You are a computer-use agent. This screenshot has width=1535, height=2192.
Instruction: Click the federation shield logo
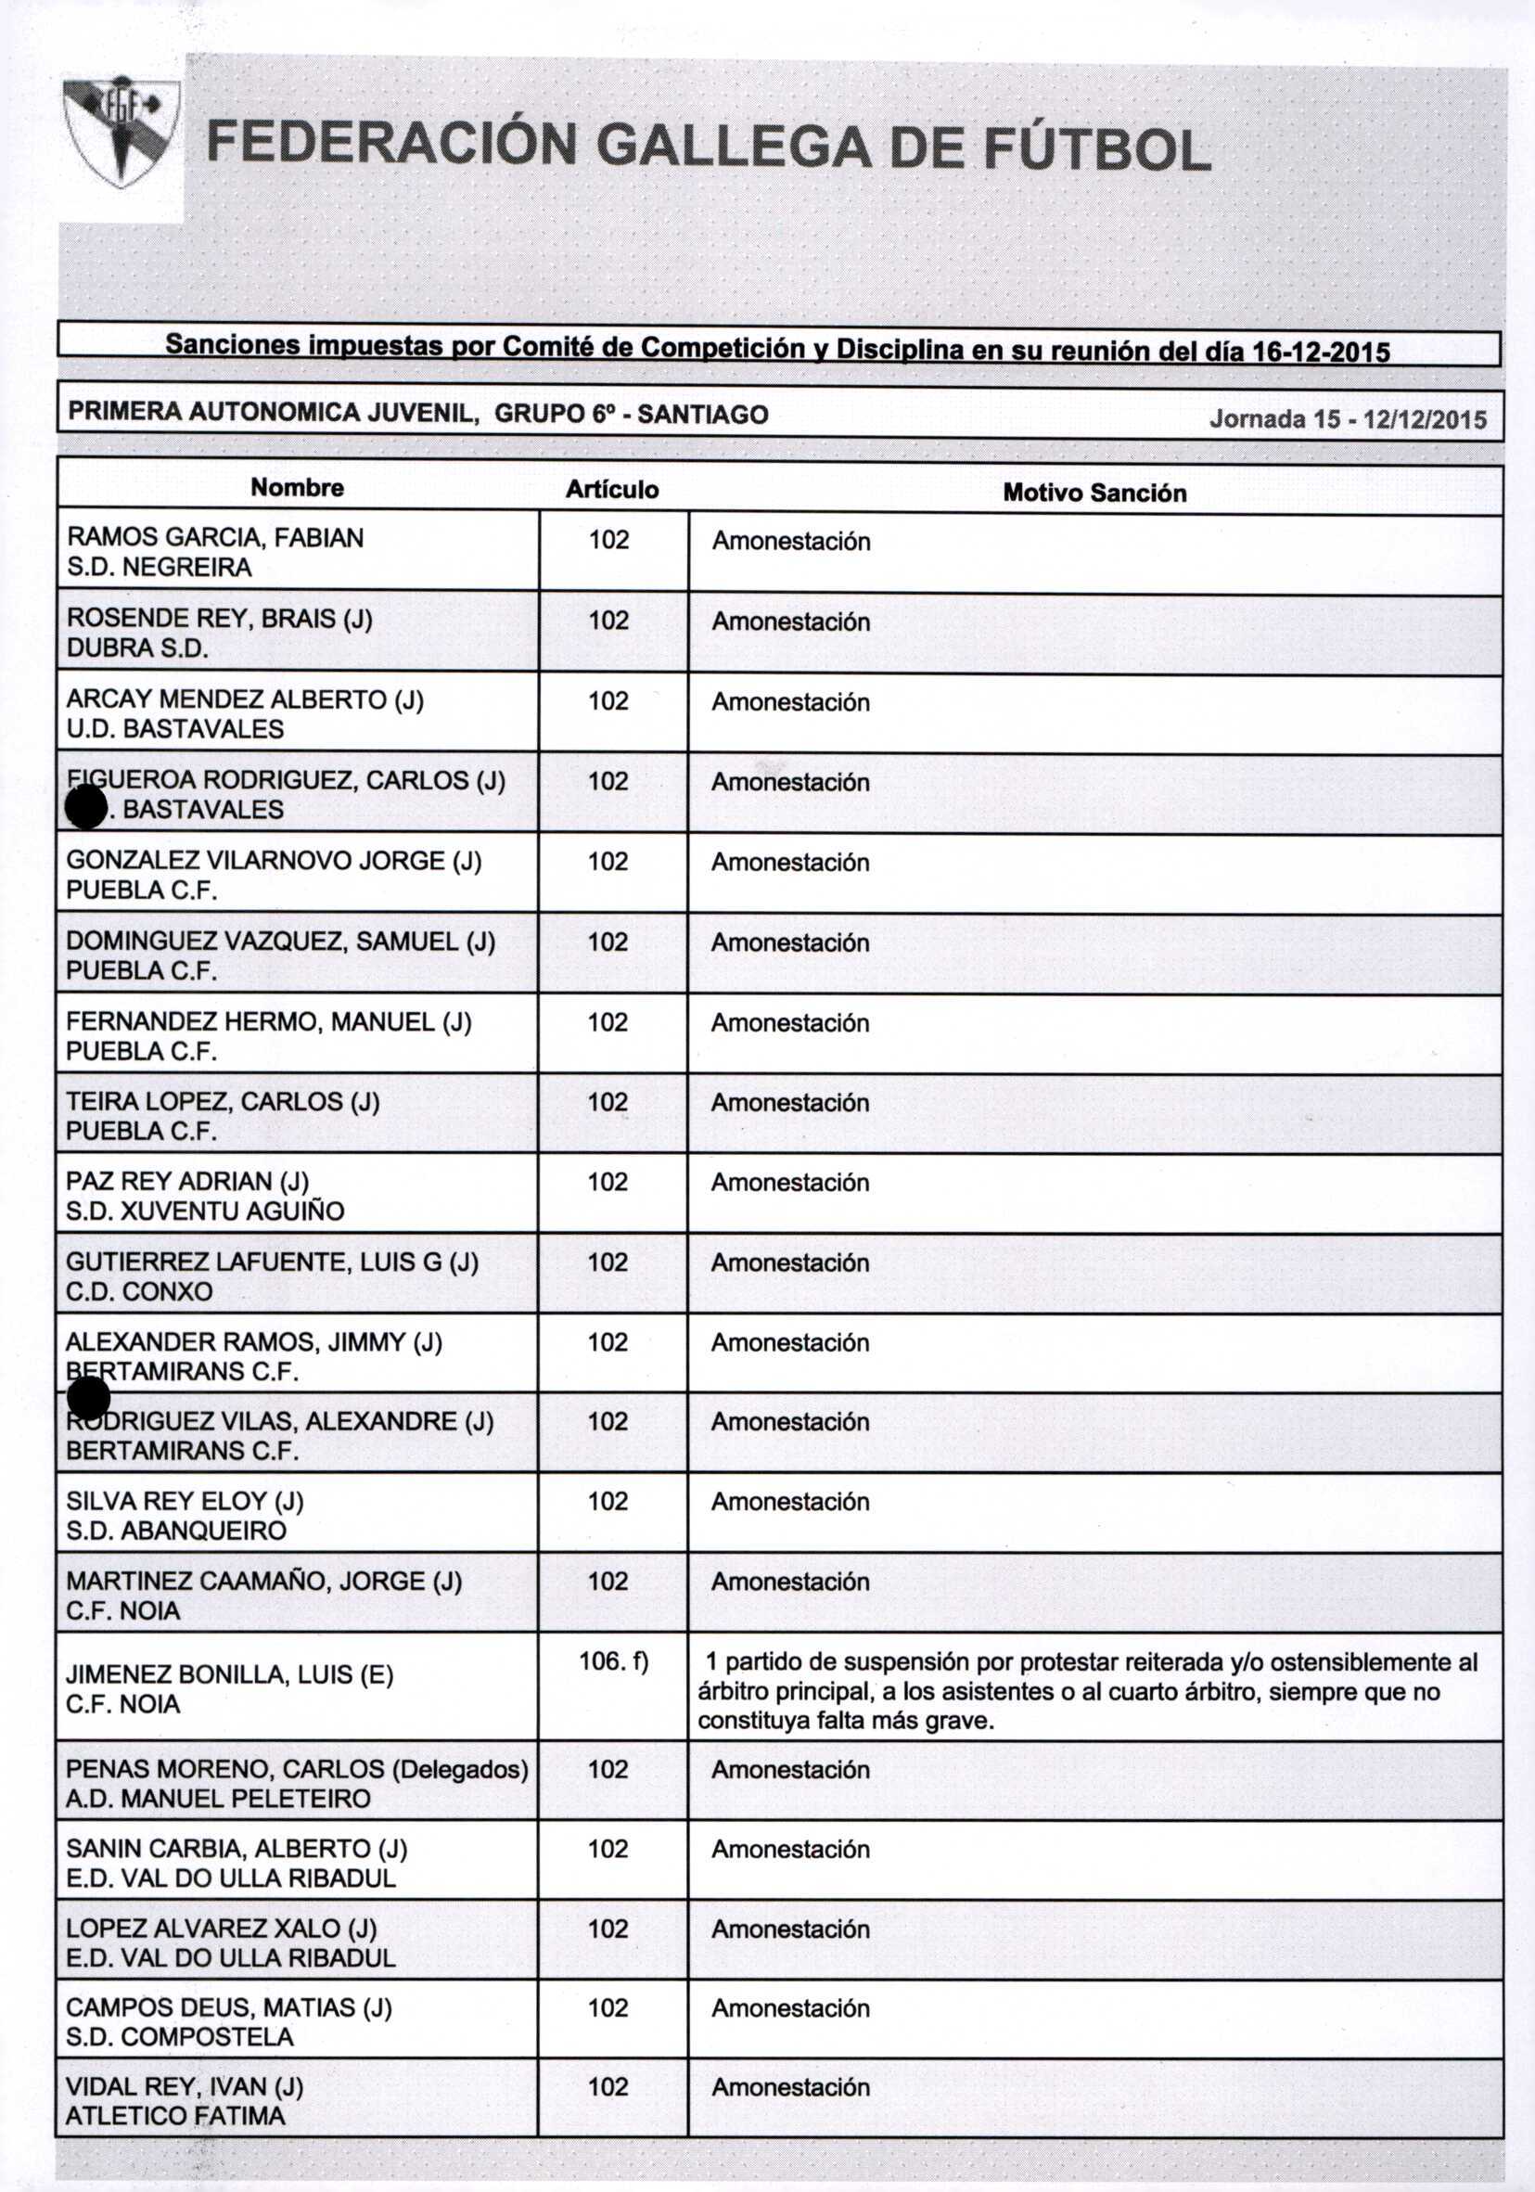tap(121, 132)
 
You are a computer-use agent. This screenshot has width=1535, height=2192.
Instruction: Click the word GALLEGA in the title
tap(733, 146)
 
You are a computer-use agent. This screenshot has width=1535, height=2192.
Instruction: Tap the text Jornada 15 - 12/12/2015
tap(1347, 419)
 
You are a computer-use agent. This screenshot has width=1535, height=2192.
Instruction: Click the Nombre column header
tap(297, 488)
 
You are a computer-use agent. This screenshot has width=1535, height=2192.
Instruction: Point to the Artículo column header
tap(612, 490)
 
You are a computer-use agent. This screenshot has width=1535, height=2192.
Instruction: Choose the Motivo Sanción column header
tap(1094, 493)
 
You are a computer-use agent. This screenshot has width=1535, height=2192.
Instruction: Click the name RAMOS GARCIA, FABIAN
tap(215, 537)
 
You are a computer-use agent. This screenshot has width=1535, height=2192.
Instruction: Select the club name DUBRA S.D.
tap(137, 648)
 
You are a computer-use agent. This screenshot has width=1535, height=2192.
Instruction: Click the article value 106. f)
tap(613, 1662)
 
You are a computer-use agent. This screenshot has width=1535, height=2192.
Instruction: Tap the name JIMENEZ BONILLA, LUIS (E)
tap(229, 1674)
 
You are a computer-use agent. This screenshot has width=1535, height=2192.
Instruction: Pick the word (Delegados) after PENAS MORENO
tap(460, 1769)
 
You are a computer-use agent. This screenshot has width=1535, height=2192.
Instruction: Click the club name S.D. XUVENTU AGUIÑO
tap(204, 1211)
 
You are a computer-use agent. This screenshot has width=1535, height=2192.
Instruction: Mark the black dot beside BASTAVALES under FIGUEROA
tap(86, 808)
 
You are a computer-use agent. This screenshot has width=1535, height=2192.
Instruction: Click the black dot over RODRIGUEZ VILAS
tap(89, 1399)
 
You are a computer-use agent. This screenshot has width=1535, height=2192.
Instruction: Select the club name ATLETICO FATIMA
tap(174, 2116)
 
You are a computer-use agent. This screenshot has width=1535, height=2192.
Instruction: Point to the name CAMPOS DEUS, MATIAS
tap(228, 2007)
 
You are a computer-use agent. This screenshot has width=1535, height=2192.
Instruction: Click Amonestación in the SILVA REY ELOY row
tap(790, 1502)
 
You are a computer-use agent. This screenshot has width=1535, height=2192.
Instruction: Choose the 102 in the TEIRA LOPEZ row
tap(608, 1102)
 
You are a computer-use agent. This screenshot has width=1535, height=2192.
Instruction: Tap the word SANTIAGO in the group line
tap(703, 415)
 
